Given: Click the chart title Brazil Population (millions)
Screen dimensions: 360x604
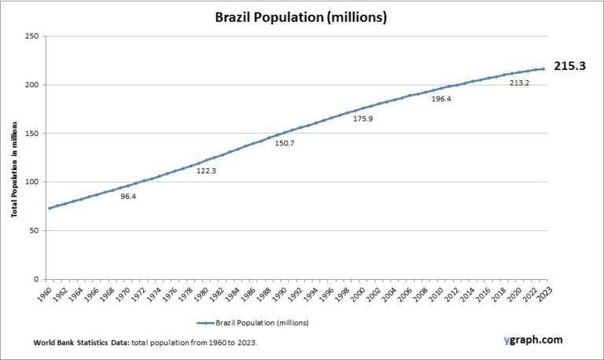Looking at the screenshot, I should (x=301, y=17).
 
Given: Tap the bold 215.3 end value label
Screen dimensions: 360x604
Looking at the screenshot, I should (x=570, y=67).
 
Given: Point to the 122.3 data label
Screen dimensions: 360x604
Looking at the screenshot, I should (x=206, y=170).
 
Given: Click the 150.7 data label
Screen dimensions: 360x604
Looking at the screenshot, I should (x=283, y=143).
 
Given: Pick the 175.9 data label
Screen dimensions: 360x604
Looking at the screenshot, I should (x=363, y=119).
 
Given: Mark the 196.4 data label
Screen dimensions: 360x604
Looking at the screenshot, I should (x=441, y=98).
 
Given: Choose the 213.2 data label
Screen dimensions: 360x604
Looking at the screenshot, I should (x=519, y=83).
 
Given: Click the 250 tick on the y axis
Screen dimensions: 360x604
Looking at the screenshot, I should (x=32, y=36).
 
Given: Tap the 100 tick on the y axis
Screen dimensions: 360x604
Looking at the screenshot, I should (x=32, y=182).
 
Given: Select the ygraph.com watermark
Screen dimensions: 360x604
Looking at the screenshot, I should (x=533, y=340).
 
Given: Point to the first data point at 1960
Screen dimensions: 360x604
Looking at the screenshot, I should (x=50, y=208).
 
